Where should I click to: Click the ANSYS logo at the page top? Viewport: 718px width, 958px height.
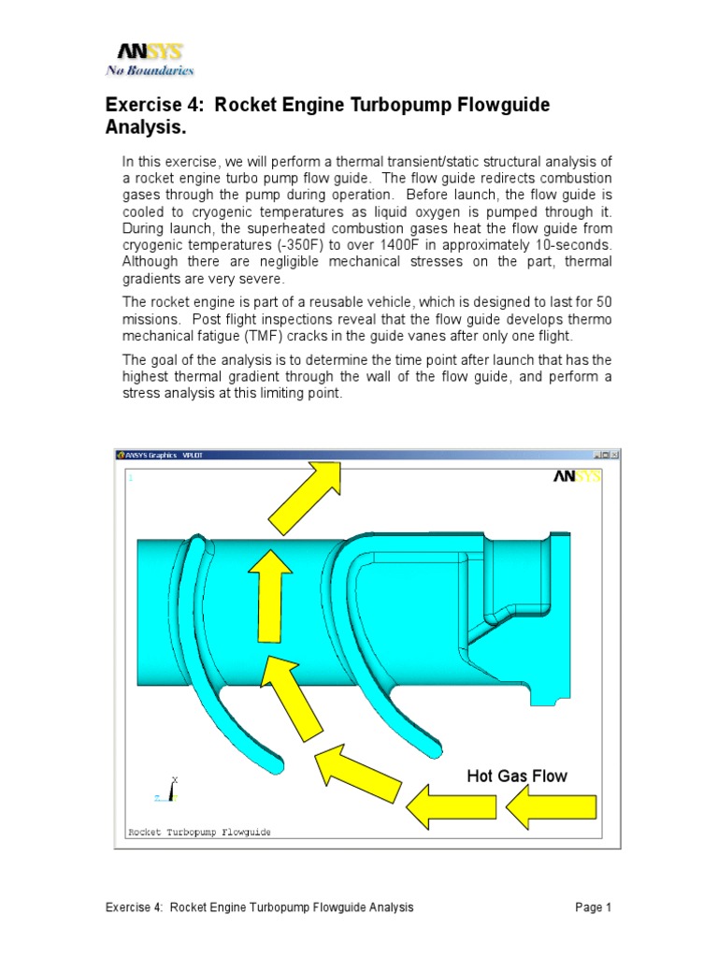(150, 52)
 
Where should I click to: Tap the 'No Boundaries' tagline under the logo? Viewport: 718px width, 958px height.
(150, 70)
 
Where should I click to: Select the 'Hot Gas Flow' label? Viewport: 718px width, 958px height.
(517, 776)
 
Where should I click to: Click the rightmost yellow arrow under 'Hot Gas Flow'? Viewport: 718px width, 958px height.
(552, 806)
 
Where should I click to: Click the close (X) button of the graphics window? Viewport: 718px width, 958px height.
(614, 455)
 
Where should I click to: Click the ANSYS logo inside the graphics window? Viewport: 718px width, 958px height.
(577, 476)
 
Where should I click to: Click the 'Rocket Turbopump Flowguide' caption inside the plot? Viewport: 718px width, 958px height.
(198, 832)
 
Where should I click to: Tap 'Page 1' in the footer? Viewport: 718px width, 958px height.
(593, 907)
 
